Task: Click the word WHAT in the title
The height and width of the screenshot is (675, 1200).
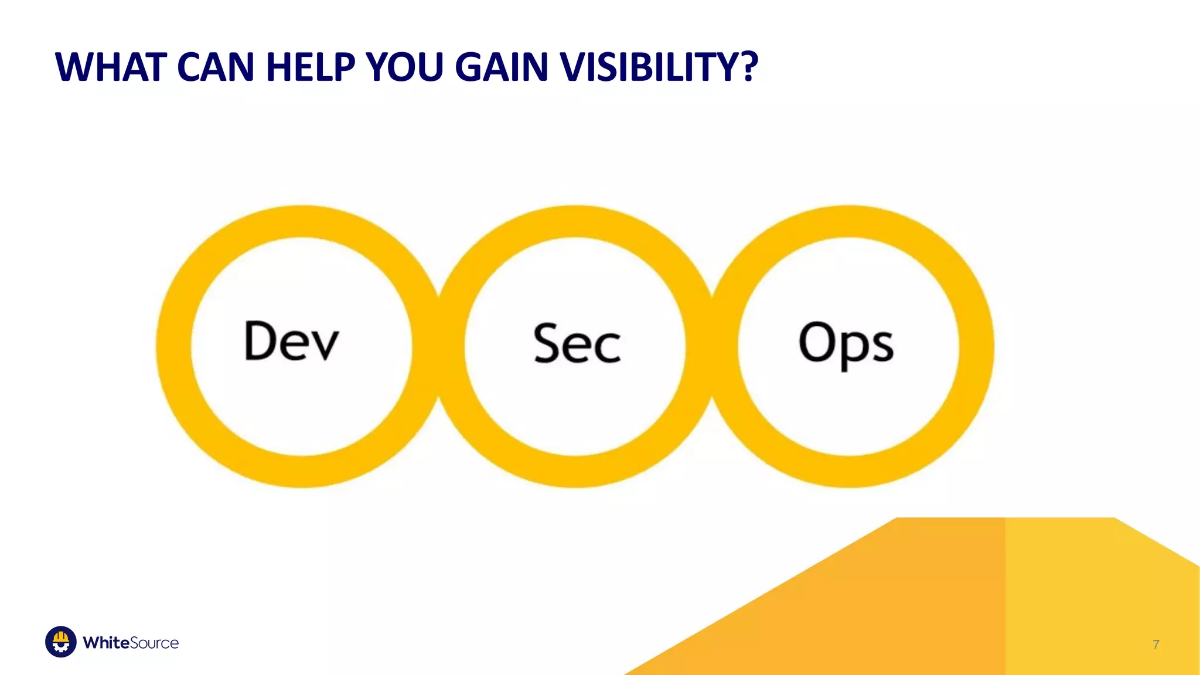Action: (111, 67)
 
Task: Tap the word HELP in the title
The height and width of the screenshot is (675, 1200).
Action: (311, 67)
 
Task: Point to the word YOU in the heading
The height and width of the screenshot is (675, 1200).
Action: (404, 67)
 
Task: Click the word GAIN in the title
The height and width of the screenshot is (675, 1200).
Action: (502, 67)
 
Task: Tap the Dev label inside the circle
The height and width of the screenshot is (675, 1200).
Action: (291, 341)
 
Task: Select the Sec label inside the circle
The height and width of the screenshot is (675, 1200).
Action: (577, 344)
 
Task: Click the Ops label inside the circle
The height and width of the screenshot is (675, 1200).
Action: (846, 344)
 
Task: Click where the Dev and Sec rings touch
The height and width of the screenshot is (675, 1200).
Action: (439, 346)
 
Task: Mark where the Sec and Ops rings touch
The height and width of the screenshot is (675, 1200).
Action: (712, 346)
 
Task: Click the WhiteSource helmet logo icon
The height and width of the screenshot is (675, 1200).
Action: (61, 642)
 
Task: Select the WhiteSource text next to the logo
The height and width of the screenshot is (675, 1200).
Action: (131, 643)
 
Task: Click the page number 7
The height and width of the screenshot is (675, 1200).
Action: (1155, 645)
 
